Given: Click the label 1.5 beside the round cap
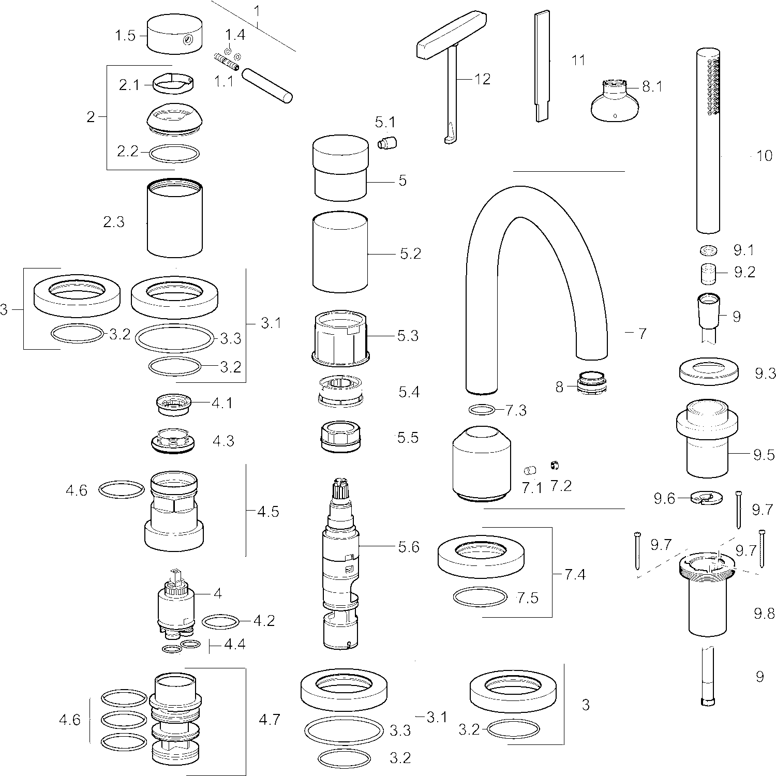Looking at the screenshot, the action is point(125,36).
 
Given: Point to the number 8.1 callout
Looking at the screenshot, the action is point(652,86).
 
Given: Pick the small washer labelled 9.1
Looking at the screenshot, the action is point(709,250).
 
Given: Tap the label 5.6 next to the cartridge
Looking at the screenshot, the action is point(408,547).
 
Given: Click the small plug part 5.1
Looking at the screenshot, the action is point(387,142).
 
